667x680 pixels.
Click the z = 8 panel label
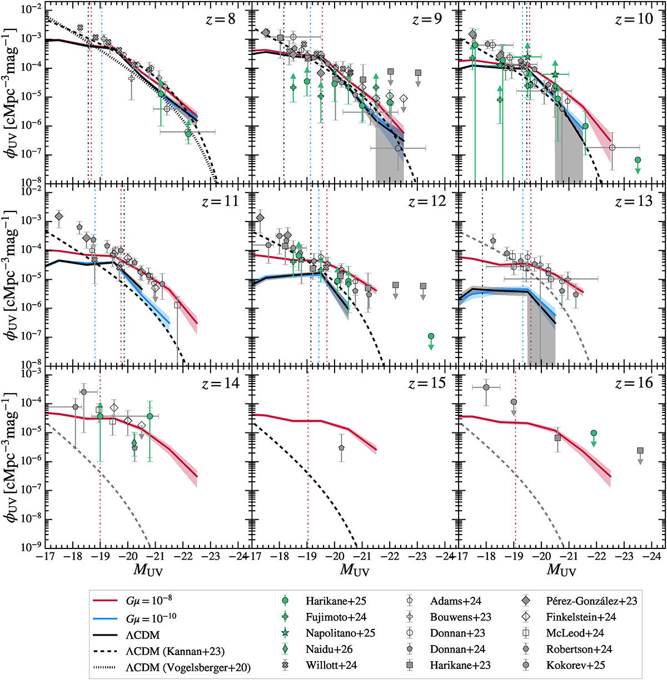[221, 19]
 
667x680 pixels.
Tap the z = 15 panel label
[427, 383]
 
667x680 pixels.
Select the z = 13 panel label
[634, 201]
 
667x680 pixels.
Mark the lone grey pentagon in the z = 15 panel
[341, 447]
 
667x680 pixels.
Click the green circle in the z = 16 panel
[594, 433]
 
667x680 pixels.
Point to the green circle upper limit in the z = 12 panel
[431, 336]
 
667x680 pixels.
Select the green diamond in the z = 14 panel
[134, 443]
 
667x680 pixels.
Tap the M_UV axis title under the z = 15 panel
[355, 570]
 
